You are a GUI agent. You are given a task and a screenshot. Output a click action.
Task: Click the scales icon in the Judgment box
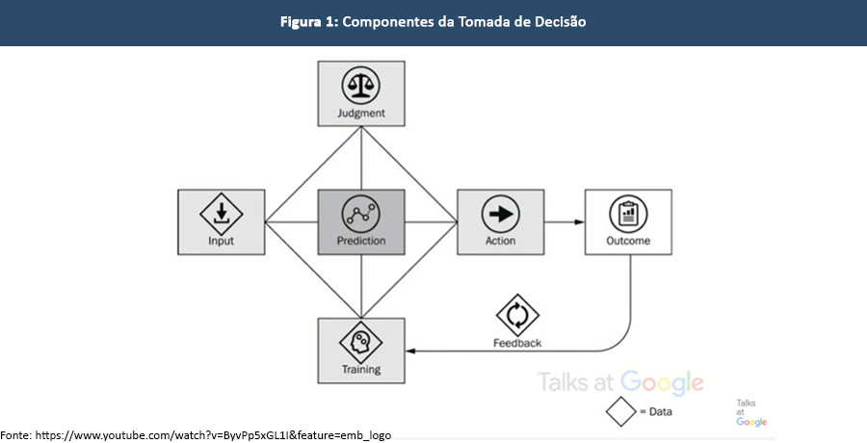[x=361, y=87]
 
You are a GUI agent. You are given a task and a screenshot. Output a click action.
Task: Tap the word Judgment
[x=361, y=114]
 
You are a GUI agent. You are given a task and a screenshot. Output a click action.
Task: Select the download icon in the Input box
[x=221, y=213]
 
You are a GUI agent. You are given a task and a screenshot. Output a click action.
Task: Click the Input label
[x=221, y=241]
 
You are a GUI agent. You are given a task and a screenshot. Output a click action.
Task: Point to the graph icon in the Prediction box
[x=361, y=213]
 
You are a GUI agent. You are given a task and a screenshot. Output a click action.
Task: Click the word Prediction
[x=361, y=241]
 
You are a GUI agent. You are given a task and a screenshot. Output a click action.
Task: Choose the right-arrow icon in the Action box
[x=501, y=213]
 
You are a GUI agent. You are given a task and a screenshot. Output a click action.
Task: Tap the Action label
[x=501, y=241]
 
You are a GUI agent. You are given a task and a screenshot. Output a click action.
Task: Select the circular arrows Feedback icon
[x=517, y=316]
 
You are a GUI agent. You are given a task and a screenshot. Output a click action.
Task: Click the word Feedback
[x=517, y=343]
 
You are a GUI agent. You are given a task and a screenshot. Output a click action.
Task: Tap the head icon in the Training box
[x=361, y=342]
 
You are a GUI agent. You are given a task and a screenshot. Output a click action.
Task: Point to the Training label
[x=361, y=369]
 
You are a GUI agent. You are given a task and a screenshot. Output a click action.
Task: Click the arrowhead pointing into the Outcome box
[x=580, y=222]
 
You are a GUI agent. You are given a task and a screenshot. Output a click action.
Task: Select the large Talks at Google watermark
[x=620, y=382]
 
